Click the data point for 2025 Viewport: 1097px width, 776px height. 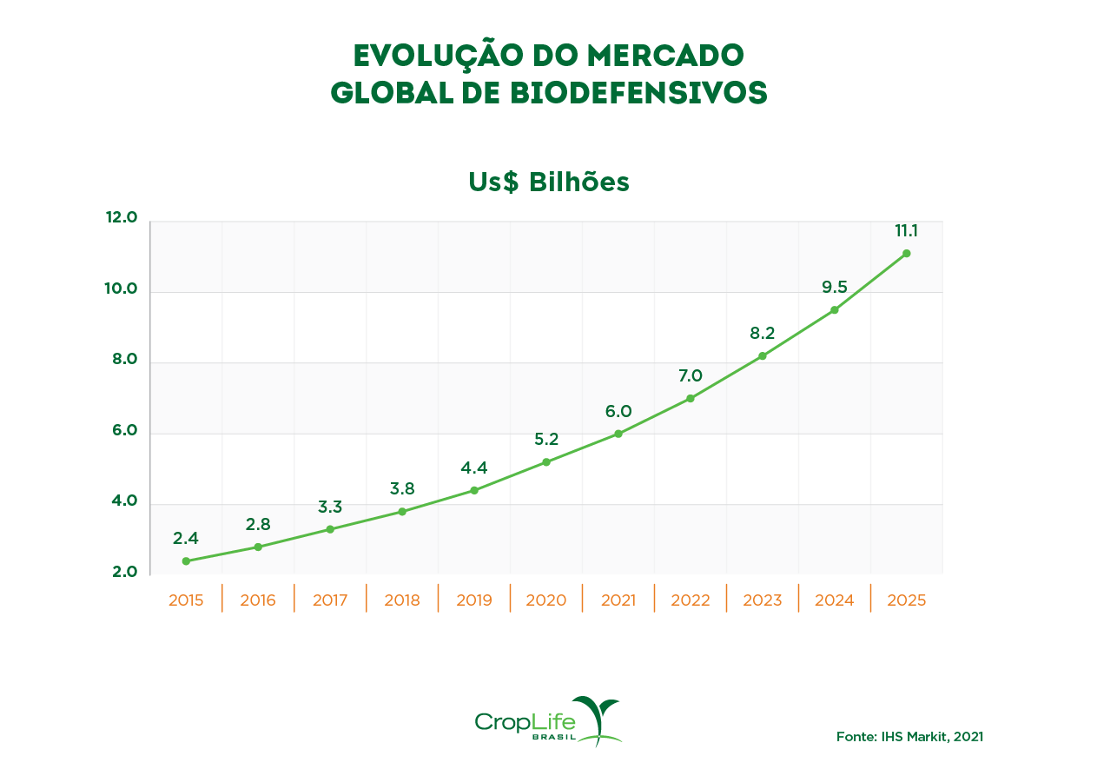click(x=906, y=254)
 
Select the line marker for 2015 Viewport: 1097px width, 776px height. click(x=186, y=561)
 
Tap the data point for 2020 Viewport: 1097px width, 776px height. click(x=546, y=462)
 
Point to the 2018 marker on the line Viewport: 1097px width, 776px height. click(x=402, y=512)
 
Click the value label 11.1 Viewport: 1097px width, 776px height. click(x=906, y=231)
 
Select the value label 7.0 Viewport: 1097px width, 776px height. click(x=690, y=376)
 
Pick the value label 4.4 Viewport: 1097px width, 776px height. click(x=473, y=468)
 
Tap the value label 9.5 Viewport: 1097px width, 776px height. click(x=834, y=288)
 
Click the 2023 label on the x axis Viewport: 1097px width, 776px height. click(x=762, y=600)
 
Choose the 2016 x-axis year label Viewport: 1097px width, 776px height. click(x=258, y=600)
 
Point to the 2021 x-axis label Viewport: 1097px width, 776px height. click(x=618, y=600)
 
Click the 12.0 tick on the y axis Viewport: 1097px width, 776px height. click(x=122, y=217)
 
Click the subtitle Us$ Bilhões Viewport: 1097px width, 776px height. click(x=548, y=182)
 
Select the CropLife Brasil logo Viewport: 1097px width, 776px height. click(x=548, y=721)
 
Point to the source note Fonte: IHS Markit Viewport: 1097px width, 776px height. click(x=909, y=736)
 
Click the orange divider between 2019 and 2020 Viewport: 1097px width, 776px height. click(x=510, y=599)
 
